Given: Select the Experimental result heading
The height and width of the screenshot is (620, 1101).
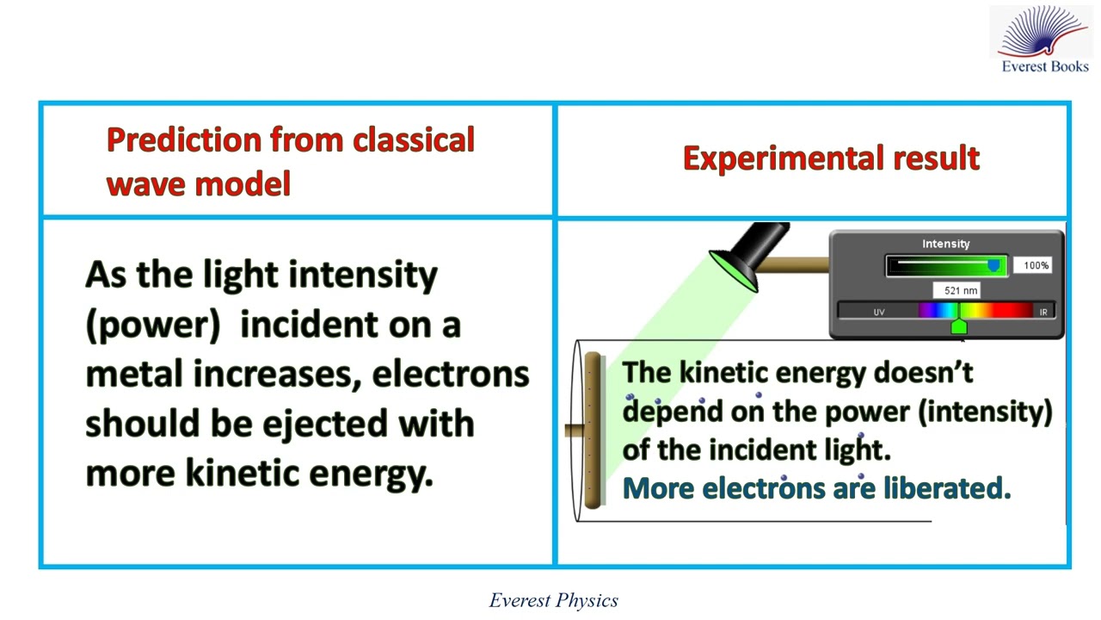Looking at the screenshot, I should coord(831,158).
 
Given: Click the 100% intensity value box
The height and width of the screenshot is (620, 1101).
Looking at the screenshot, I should coord(1036,265).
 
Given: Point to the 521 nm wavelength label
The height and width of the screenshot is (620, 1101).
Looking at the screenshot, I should coord(960,291).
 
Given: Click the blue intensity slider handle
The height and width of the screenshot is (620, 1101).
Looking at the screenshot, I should coord(994,266).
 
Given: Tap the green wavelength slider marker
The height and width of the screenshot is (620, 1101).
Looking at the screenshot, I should coord(959,326).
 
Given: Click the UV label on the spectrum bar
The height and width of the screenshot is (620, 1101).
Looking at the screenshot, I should coord(878,312).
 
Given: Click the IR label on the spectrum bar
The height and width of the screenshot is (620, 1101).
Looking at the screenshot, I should coord(1043,312).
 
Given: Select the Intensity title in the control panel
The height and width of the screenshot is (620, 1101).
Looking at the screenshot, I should coord(945,244).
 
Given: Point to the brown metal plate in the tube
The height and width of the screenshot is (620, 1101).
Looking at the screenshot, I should coord(592,431).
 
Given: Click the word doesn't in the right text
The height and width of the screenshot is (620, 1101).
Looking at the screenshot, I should coord(923,373).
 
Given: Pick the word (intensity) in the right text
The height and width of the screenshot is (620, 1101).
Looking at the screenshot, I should coord(986,412).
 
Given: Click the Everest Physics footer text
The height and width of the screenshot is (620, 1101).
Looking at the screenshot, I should coord(553,601).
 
